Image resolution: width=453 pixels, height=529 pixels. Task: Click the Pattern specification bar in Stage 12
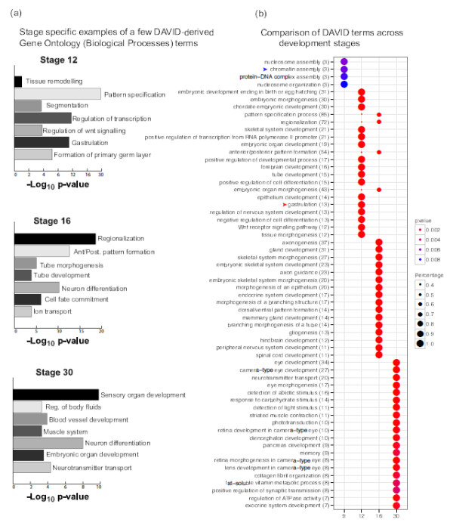pos(57,94)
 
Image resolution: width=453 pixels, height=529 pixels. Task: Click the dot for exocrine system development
pos(396,504)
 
